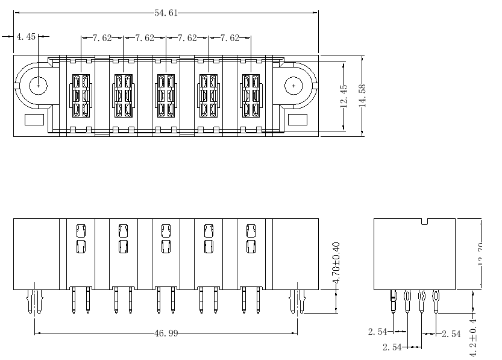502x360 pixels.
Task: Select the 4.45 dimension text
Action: coord(26,37)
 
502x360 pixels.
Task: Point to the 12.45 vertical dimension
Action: coord(344,95)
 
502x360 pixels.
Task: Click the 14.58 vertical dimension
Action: coord(362,95)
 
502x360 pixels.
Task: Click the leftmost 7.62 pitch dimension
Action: coord(102,38)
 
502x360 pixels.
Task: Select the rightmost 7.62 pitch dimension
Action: coord(230,38)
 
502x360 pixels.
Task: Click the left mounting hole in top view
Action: coord(39,86)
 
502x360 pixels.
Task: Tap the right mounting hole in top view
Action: coord(293,86)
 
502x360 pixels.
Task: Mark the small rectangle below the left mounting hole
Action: coord(34,119)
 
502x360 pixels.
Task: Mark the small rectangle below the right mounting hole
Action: coord(298,119)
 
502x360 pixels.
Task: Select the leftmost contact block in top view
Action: coord(81,95)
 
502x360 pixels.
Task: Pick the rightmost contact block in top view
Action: coord(251,95)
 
